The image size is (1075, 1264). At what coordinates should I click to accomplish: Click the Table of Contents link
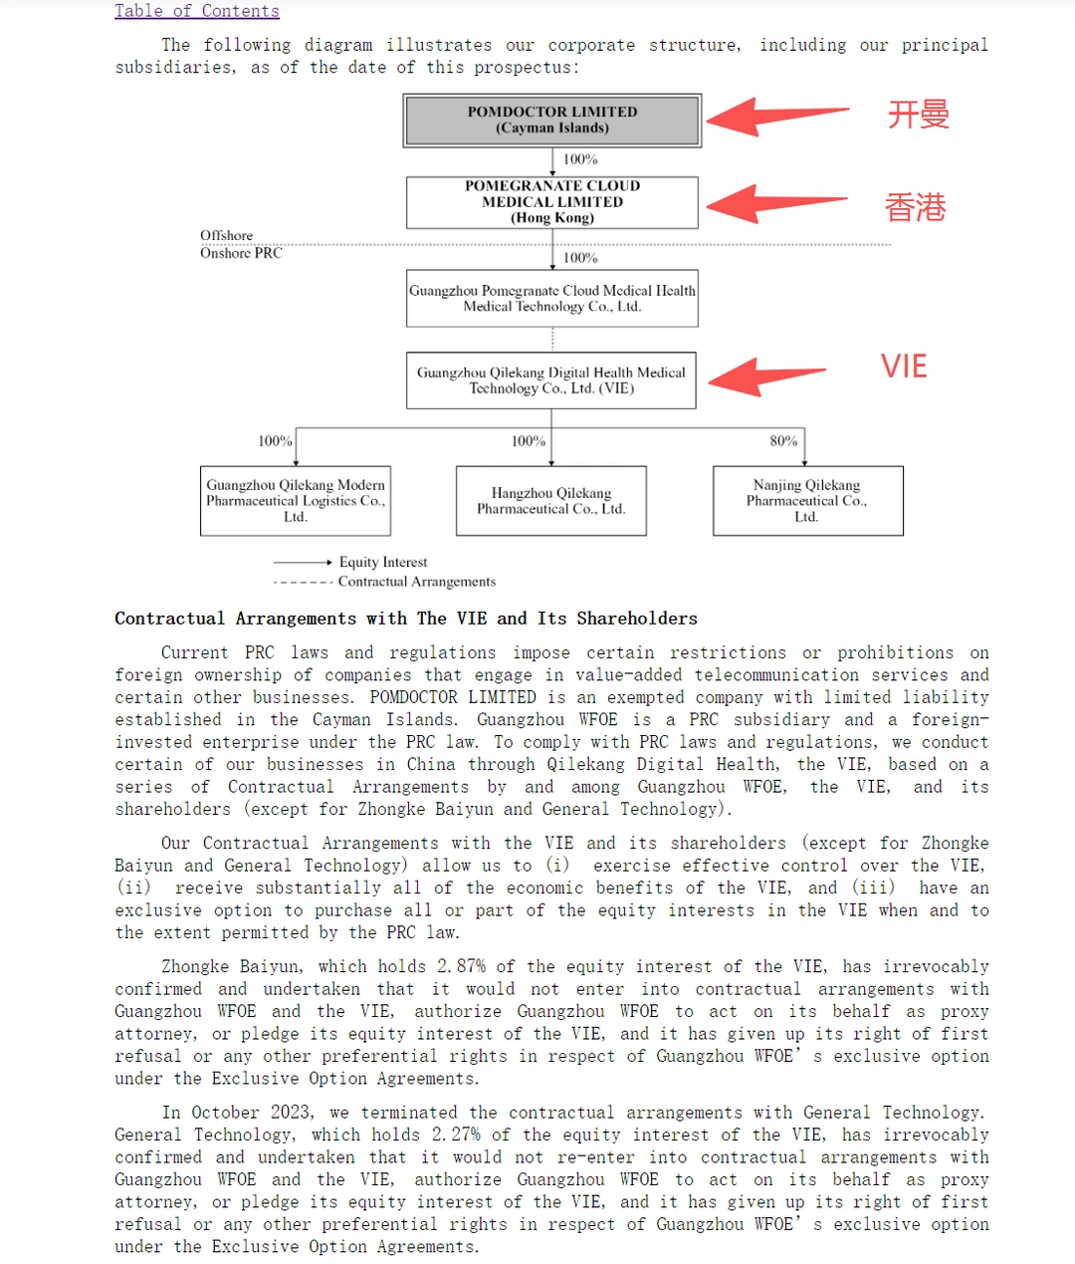point(196,11)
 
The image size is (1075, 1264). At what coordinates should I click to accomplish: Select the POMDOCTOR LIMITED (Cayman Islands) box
point(552,121)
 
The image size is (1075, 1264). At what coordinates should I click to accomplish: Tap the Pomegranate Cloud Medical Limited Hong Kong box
point(552,202)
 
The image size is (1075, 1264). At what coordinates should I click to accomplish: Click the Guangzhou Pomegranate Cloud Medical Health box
point(552,299)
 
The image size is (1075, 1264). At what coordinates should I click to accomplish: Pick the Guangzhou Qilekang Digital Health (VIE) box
point(551,380)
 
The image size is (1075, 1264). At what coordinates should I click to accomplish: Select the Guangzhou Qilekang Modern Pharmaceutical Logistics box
point(295,501)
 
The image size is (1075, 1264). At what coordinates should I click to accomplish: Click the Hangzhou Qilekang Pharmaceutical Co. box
point(551,501)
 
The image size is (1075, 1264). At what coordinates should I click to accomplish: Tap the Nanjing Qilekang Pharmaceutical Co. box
point(807,501)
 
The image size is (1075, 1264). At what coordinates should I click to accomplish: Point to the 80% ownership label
point(783,441)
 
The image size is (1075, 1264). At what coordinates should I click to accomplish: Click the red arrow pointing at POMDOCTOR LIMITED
point(776,116)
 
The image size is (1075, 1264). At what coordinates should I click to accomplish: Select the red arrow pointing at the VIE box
point(766,376)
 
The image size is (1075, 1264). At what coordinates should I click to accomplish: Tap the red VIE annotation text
point(904,367)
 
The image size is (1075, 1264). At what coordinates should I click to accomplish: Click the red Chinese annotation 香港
point(916,207)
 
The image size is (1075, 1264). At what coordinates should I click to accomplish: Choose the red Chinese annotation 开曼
point(919,115)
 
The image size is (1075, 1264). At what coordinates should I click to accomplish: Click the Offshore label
point(227,236)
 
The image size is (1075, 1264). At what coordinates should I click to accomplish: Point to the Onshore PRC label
point(241,253)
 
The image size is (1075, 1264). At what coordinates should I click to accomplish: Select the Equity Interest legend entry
point(382,563)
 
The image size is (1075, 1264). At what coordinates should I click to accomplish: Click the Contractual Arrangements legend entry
point(416,582)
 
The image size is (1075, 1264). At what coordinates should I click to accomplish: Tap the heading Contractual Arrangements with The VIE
point(406,619)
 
